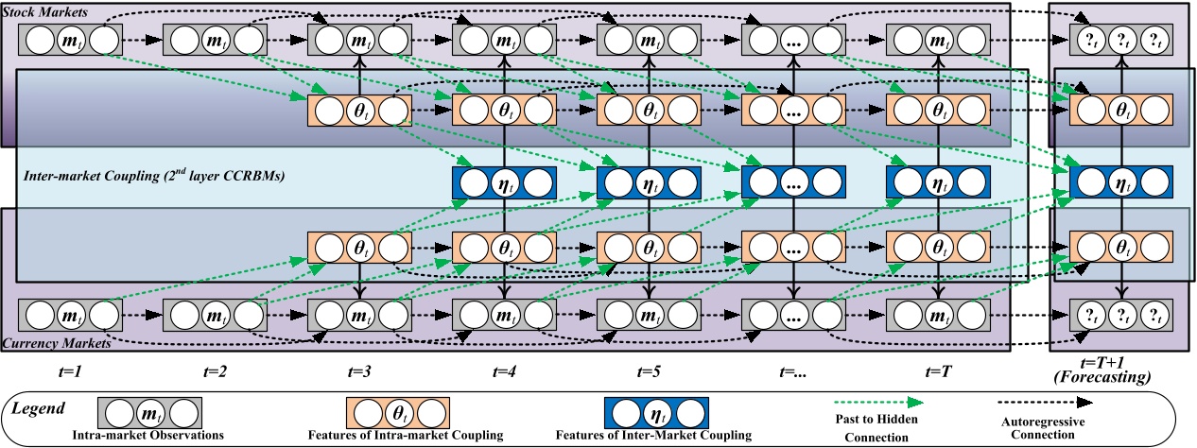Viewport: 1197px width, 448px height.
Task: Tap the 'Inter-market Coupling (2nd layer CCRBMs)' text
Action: pos(155,175)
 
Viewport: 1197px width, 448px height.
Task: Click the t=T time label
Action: pos(936,371)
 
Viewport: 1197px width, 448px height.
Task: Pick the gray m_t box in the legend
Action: pos(150,412)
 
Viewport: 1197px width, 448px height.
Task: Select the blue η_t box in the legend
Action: pos(655,412)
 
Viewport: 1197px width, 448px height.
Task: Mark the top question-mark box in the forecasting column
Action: pos(1120,41)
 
